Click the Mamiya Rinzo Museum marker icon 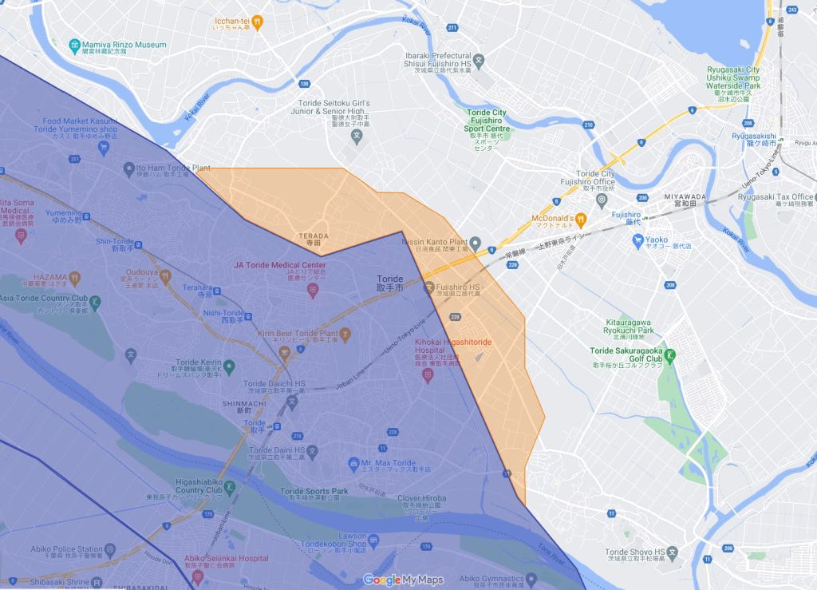[75, 45]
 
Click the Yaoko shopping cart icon [637, 240]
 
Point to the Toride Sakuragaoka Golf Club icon [671, 354]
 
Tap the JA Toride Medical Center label [279, 265]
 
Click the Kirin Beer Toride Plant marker [345, 331]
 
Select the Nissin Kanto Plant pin [475, 243]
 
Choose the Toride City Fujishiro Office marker [601, 199]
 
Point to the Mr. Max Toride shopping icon [353, 463]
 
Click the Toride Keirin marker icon [229, 366]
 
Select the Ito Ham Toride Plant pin [129, 169]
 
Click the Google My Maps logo [403, 580]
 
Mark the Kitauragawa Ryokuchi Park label [630, 327]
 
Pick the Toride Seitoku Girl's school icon [357, 136]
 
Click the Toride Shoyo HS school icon [673, 552]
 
